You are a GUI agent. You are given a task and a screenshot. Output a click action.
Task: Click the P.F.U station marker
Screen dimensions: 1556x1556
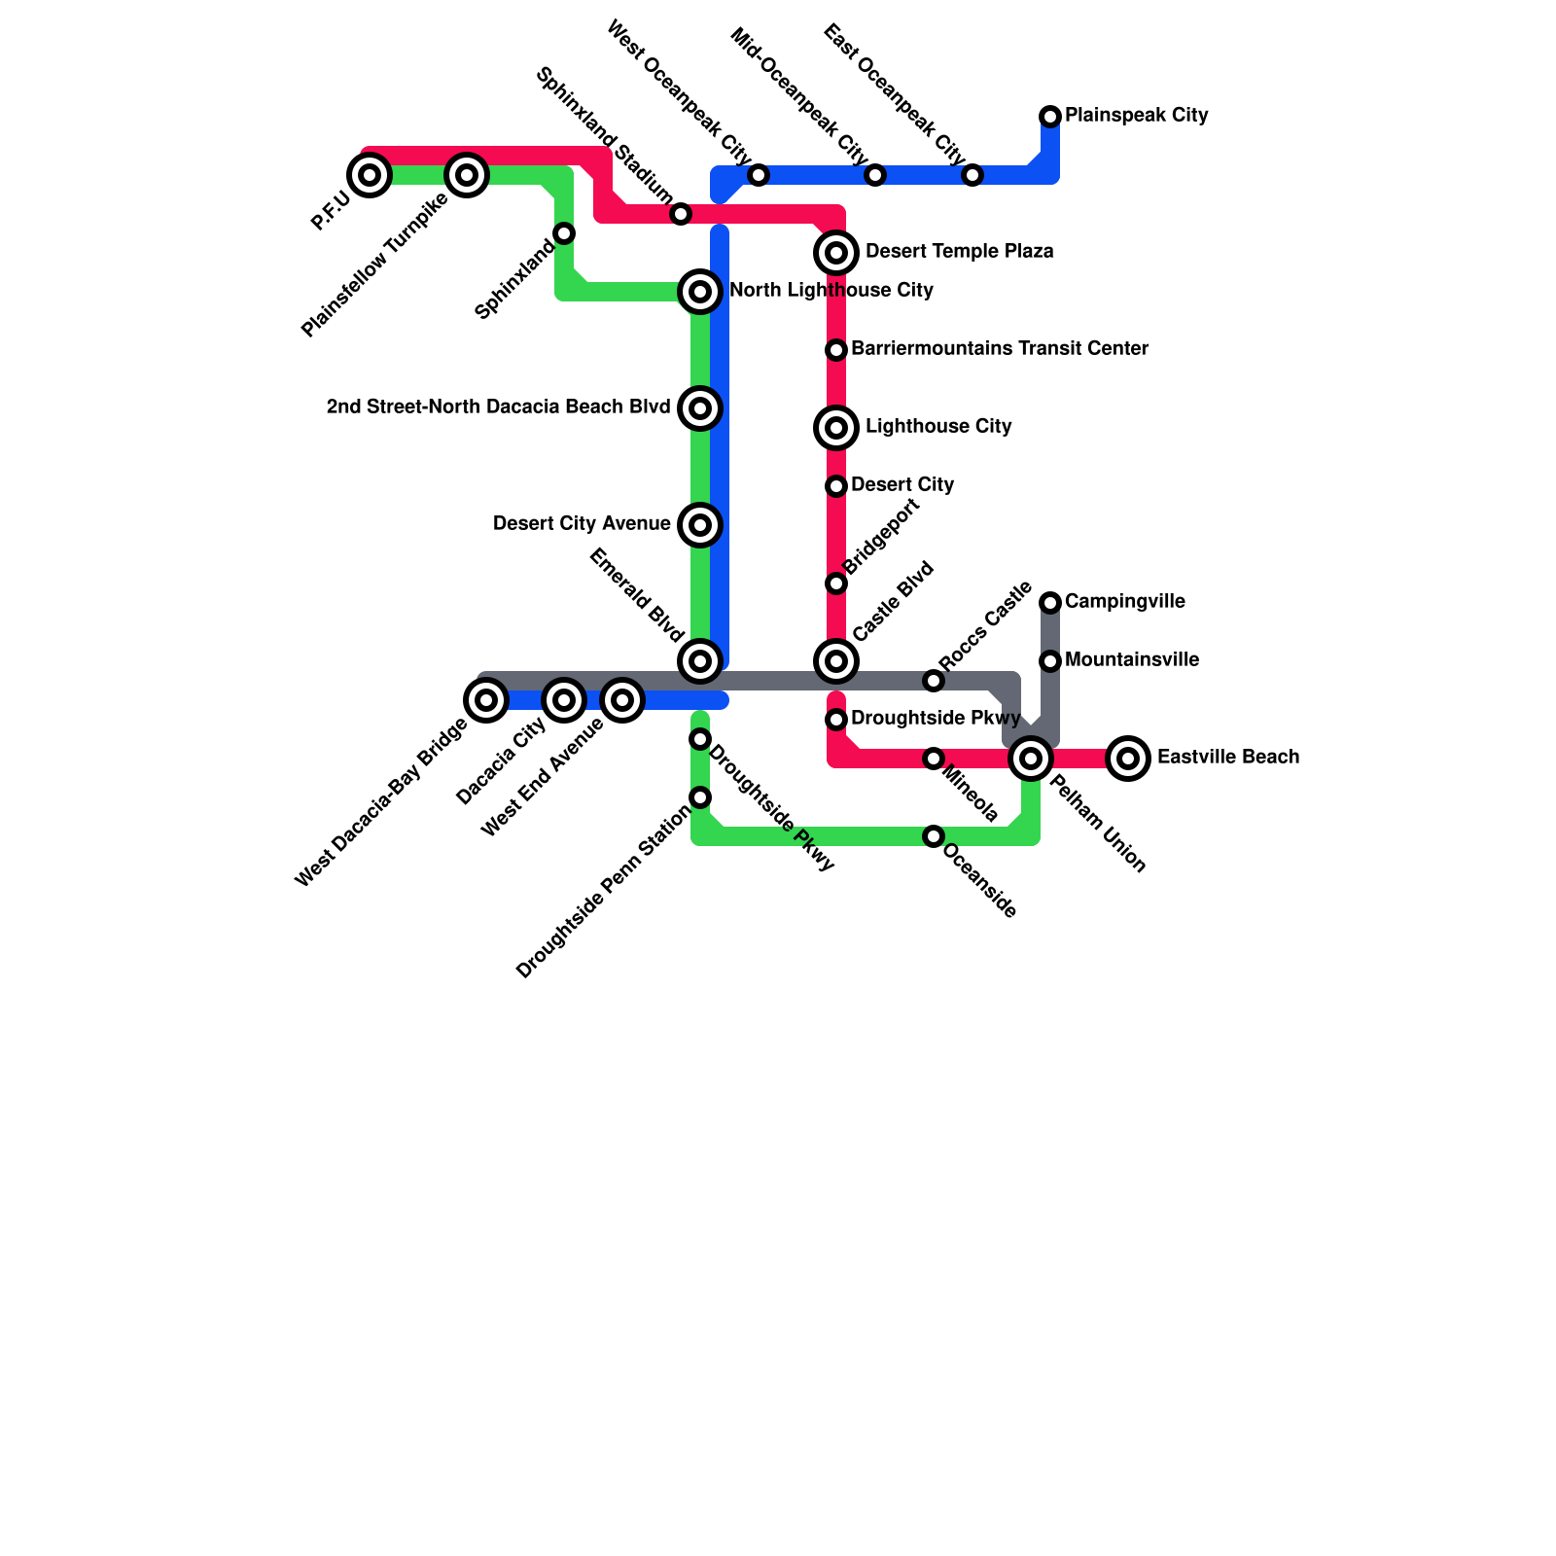pyautogui.click(x=369, y=175)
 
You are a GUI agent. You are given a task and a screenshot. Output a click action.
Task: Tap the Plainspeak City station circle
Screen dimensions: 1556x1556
pyautogui.click(x=1050, y=117)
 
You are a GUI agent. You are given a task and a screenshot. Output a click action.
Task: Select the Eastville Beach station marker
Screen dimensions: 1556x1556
pyautogui.click(x=1128, y=758)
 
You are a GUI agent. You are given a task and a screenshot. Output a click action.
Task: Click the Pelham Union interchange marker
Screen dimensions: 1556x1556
pyautogui.click(x=1031, y=758)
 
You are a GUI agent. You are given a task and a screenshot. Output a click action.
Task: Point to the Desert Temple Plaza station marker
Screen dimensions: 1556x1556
pyautogui.click(x=836, y=253)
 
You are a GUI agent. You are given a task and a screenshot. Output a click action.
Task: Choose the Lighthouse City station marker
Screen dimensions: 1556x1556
pyautogui.click(x=836, y=428)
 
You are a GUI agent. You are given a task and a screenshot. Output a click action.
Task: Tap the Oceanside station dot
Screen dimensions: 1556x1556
pyautogui.click(x=934, y=836)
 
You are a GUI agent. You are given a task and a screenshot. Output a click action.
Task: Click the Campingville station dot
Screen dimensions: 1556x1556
pyautogui.click(x=1050, y=603)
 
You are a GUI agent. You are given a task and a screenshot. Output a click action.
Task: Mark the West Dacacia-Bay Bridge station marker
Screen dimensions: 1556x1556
pyautogui.click(x=486, y=699)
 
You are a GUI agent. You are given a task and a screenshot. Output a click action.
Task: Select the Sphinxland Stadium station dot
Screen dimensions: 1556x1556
pyautogui.click(x=681, y=214)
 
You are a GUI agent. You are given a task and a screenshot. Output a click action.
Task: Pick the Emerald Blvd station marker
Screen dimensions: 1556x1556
pyautogui.click(x=700, y=661)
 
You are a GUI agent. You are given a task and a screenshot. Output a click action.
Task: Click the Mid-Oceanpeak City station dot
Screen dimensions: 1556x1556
pyautogui.click(x=875, y=175)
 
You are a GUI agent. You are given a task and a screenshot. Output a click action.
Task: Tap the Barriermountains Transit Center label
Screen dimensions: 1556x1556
pyautogui.click(x=1000, y=348)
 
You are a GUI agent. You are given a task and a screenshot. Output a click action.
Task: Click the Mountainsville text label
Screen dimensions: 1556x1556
pyautogui.click(x=1131, y=660)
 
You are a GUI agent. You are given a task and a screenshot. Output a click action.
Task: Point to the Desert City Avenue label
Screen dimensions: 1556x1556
pyautogui.click(x=582, y=524)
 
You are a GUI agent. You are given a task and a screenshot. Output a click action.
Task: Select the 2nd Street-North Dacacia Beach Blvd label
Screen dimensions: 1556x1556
pyautogui.click(x=498, y=407)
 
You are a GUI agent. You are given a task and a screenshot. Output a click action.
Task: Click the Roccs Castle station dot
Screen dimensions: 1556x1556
pyautogui.click(x=934, y=681)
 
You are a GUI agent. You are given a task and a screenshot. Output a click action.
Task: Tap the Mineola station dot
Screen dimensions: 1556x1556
pyautogui.click(x=934, y=759)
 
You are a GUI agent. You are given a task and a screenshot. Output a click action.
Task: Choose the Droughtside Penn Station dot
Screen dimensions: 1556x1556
pyautogui.click(x=700, y=797)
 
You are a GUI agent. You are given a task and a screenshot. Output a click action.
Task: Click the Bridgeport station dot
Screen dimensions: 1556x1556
pyautogui.click(x=836, y=583)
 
